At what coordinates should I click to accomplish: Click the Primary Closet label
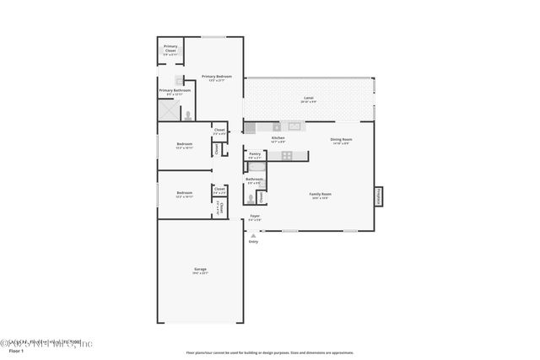(x=170, y=48)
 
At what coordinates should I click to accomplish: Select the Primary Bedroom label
(x=216, y=78)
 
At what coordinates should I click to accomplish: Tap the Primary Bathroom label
(x=175, y=91)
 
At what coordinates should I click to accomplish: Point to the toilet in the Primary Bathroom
(x=188, y=116)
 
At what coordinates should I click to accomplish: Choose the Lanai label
(x=309, y=99)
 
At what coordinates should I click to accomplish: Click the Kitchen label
(x=278, y=139)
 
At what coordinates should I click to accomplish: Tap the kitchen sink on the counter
(x=294, y=126)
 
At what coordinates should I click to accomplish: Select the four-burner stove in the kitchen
(x=287, y=155)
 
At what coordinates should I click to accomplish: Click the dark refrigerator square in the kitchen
(x=250, y=128)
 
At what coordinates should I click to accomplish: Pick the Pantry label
(x=255, y=155)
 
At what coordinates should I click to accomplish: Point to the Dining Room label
(x=341, y=140)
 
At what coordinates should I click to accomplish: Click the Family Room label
(x=321, y=195)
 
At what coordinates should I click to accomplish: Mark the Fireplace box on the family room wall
(x=378, y=196)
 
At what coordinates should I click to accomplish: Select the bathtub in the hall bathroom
(x=256, y=168)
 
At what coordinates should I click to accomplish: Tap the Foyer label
(x=255, y=218)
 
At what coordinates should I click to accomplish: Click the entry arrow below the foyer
(x=252, y=235)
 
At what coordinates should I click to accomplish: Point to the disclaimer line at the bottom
(x=269, y=352)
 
